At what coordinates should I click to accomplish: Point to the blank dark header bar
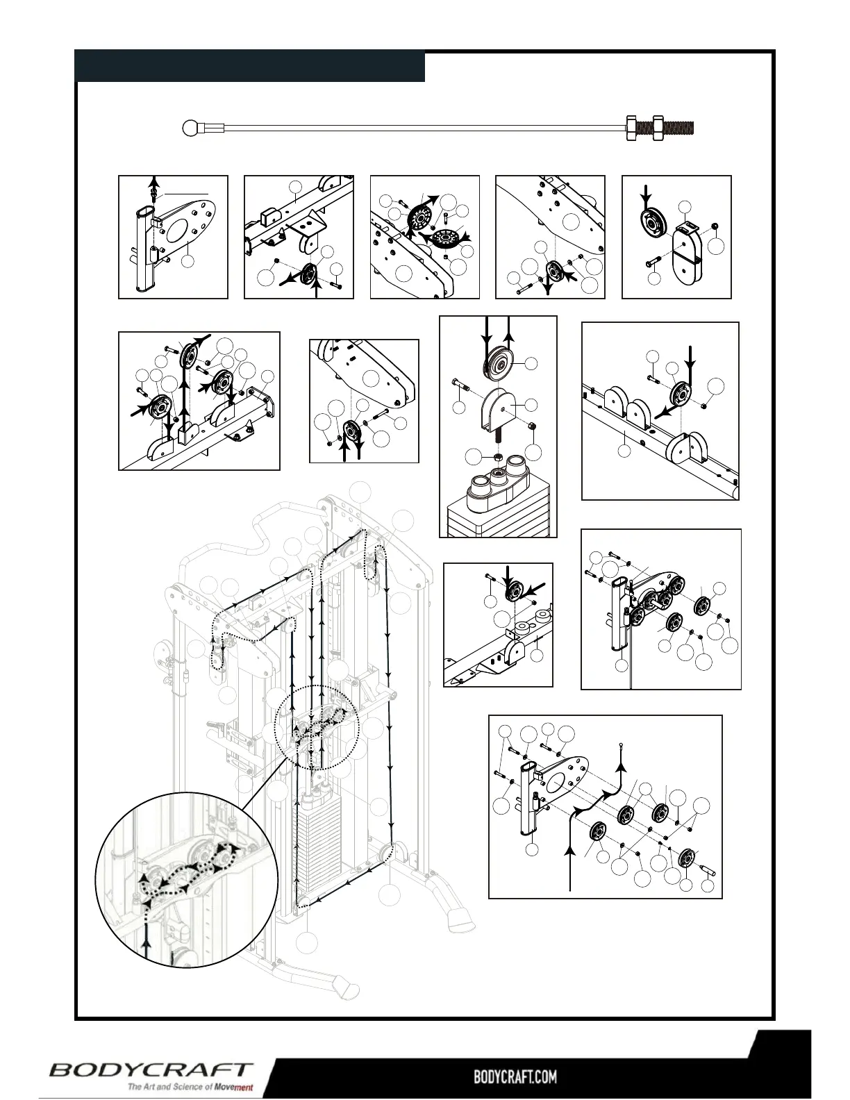[250, 66]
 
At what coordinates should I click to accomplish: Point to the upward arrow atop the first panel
[155, 183]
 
